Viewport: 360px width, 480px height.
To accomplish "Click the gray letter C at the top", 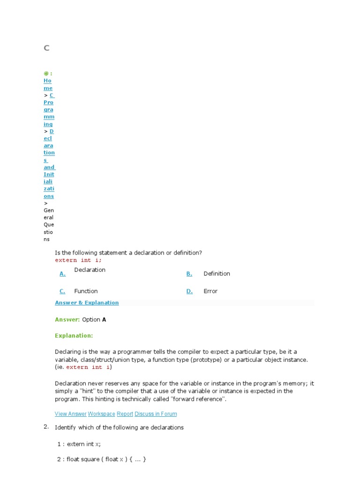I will click(46, 48).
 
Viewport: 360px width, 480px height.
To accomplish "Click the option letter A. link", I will click(62, 274).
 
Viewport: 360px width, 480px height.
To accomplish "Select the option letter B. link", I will click(189, 274).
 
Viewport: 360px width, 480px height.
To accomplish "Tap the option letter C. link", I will click(62, 291).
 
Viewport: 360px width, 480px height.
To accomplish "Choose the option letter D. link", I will click(189, 291).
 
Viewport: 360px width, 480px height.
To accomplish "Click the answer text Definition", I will click(217, 274).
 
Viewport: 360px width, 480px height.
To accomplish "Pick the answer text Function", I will click(86, 291).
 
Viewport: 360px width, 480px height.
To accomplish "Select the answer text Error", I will click(210, 291).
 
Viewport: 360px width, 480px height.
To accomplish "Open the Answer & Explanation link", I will click(87, 303).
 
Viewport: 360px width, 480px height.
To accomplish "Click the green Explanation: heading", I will click(74, 336).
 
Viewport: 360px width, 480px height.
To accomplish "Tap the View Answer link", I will click(70, 414).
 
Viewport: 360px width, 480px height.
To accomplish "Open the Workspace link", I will click(101, 414).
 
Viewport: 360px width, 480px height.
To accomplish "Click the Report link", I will click(125, 414).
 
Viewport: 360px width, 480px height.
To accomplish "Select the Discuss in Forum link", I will click(156, 414).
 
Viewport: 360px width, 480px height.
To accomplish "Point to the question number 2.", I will click(46, 427).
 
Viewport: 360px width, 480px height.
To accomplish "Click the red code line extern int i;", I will click(78, 260).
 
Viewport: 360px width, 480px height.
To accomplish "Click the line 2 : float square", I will click(102, 459).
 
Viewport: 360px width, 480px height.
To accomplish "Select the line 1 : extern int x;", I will click(79, 444).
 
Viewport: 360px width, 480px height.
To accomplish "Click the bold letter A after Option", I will click(104, 320).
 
